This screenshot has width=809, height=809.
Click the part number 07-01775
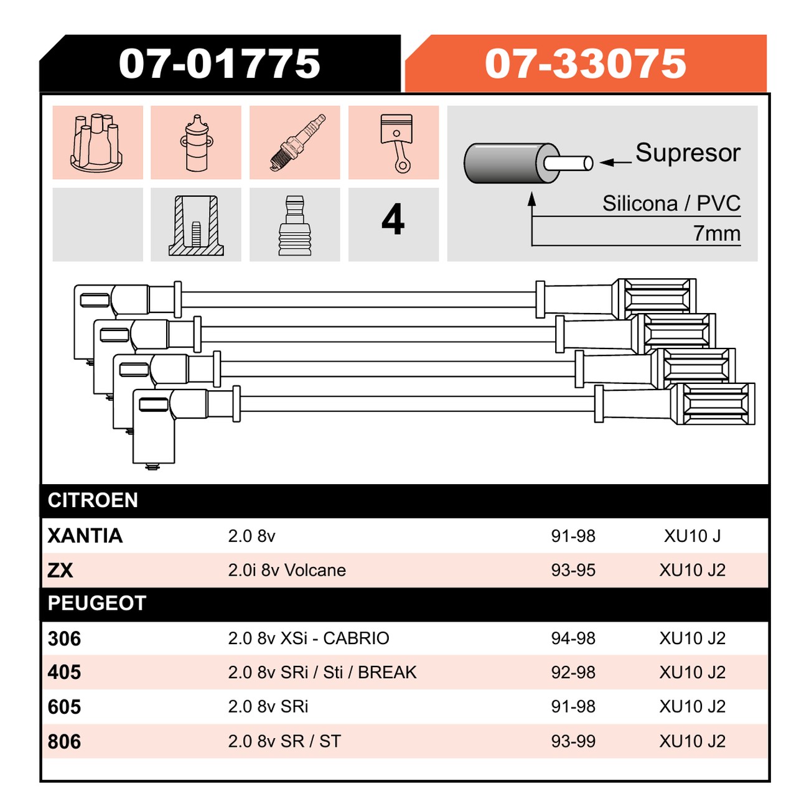point(219,63)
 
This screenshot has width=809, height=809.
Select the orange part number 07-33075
point(585,63)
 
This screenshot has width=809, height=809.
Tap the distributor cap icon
point(96,143)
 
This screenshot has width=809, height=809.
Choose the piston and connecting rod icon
point(396,143)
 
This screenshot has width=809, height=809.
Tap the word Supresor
point(688,153)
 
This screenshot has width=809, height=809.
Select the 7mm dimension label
point(717,233)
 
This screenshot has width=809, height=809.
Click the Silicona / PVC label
point(671,203)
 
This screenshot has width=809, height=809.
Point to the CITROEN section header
point(93,500)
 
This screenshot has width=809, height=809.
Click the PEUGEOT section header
point(97,603)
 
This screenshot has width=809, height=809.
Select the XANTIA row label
point(85,536)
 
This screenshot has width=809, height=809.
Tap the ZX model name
point(60,570)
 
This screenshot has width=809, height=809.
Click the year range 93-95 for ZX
point(573,570)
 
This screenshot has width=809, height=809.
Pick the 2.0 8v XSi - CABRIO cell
point(309,638)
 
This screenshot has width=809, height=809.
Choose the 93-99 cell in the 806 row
point(573,741)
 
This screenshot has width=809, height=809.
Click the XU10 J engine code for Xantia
point(692,536)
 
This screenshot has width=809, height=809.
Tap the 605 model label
point(64,707)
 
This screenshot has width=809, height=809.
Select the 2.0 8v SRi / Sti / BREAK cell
point(322,673)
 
